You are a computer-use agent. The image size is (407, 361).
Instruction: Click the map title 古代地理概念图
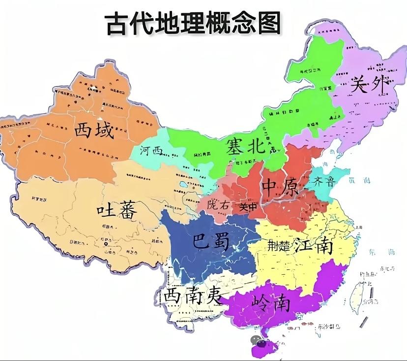(193, 23)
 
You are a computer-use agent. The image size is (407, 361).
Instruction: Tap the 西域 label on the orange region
(94, 131)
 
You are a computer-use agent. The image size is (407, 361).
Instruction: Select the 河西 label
(151, 150)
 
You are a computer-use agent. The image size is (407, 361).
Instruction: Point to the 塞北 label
(245, 146)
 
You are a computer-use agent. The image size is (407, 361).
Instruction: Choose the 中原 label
(280, 188)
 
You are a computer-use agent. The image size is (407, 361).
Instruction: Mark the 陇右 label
(218, 205)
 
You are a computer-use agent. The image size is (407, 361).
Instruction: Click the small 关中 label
(248, 207)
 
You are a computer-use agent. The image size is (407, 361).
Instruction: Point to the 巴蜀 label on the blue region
(210, 241)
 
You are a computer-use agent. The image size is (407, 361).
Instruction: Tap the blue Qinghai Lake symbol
(184, 186)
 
